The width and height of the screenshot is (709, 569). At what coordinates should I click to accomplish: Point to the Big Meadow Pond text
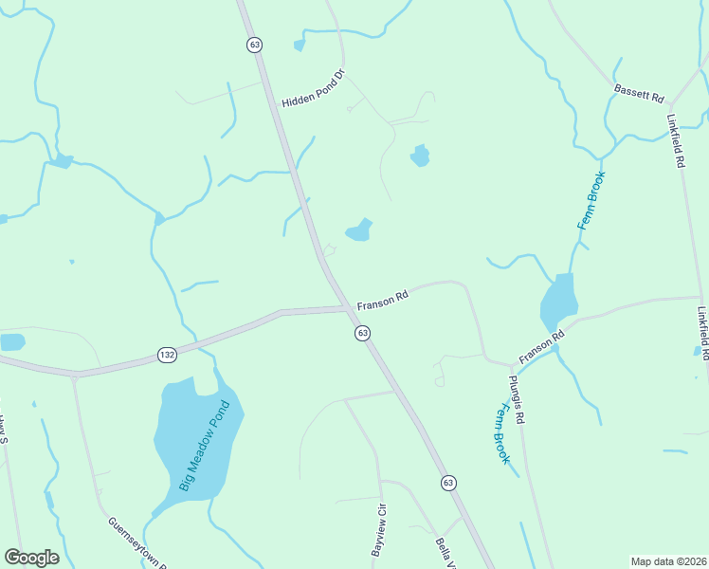(204, 445)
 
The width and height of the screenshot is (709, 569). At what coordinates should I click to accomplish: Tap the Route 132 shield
(168, 355)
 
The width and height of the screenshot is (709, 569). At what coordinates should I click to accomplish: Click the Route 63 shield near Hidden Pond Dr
(253, 45)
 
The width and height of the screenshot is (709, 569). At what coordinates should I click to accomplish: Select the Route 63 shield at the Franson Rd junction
(362, 333)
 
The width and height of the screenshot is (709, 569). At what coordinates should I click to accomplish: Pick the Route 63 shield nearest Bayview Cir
(446, 483)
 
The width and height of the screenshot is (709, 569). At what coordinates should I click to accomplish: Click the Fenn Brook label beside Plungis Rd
(500, 432)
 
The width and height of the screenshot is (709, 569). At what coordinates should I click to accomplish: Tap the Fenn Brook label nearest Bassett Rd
(591, 200)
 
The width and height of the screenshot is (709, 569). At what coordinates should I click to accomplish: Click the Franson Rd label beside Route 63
(382, 302)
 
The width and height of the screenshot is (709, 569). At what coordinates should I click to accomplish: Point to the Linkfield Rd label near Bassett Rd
(676, 142)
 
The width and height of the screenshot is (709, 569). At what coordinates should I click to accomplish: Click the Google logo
(31, 558)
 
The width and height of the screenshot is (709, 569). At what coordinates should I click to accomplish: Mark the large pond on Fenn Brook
(559, 302)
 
